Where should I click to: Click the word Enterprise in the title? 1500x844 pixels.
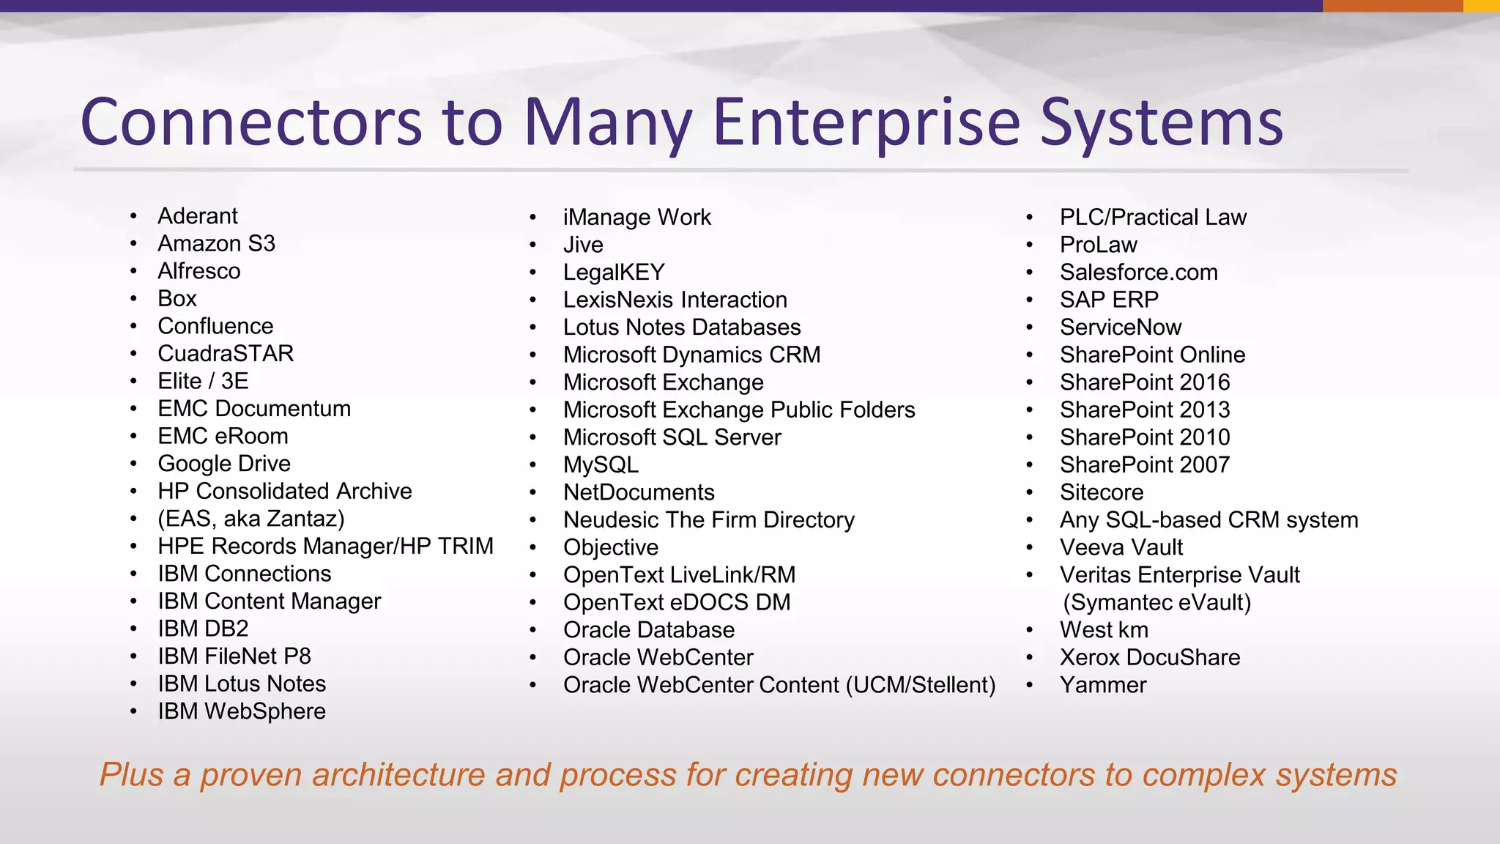(866, 123)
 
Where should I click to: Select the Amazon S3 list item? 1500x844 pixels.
(216, 243)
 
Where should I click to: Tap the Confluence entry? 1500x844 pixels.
(215, 326)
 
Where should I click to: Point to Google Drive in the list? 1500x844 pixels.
(224, 464)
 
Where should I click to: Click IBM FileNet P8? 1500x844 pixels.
(234, 656)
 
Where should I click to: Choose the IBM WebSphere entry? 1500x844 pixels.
(242, 711)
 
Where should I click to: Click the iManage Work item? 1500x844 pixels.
(636, 218)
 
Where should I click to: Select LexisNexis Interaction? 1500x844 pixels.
(675, 300)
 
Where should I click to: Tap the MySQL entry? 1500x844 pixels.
(601, 465)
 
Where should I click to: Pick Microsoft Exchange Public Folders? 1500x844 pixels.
(738, 410)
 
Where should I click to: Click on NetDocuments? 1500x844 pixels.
(639, 492)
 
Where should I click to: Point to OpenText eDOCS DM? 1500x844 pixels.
(677, 602)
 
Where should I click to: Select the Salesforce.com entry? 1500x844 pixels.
(1138, 273)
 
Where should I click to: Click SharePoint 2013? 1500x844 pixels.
(1144, 410)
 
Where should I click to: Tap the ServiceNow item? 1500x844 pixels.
(1120, 327)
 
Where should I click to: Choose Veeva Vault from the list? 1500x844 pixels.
(1121, 547)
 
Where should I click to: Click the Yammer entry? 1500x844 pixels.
(1102, 685)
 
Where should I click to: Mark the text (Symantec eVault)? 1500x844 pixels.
(1156, 602)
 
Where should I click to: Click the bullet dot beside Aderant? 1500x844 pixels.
(133, 216)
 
